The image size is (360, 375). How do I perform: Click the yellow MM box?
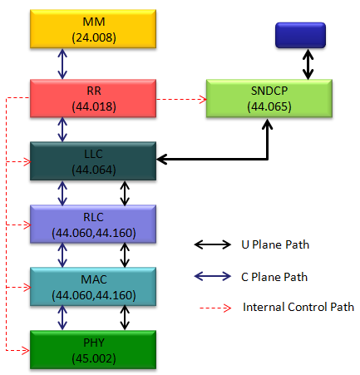tap(93, 29)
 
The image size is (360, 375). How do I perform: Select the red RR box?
tap(93, 98)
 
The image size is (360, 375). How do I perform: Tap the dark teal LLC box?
tap(93, 161)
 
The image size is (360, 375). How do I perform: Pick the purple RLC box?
tap(93, 225)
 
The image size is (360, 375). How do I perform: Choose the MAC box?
tap(93, 287)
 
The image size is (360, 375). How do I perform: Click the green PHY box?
tap(93, 350)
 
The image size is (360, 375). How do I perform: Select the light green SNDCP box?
tap(269, 98)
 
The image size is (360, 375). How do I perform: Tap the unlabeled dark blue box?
tap(300, 35)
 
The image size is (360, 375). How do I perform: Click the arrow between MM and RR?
tap(62, 64)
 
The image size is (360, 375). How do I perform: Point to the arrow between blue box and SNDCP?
tap(308, 64)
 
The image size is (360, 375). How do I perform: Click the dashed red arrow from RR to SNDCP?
tap(181, 99)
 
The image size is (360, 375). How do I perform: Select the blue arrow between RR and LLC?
tap(62, 130)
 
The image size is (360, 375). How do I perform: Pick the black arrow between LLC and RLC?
tap(125, 193)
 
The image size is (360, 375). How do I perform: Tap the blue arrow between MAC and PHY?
tap(62, 318)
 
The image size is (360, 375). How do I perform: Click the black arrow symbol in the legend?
tap(213, 244)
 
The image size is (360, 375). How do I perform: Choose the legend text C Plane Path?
tap(274, 277)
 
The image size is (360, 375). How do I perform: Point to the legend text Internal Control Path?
tap(298, 307)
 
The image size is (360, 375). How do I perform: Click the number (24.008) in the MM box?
tap(94, 37)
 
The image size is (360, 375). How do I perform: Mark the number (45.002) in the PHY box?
tap(94, 358)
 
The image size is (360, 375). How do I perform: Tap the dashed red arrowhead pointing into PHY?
tap(26, 350)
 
